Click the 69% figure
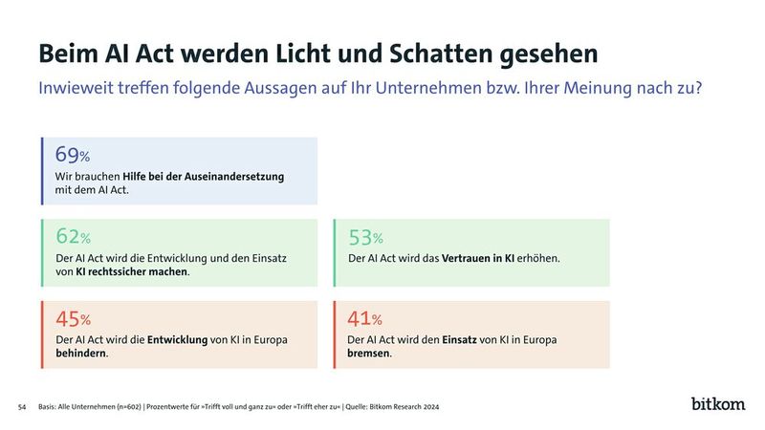coord(73,156)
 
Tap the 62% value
coord(73,237)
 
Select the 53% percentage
coord(363,237)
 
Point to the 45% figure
coord(73,318)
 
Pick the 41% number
coord(363,318)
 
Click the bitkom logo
coord(718,403)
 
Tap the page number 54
coord(22,407)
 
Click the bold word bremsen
coord(369,353)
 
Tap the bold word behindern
coord(81,353)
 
